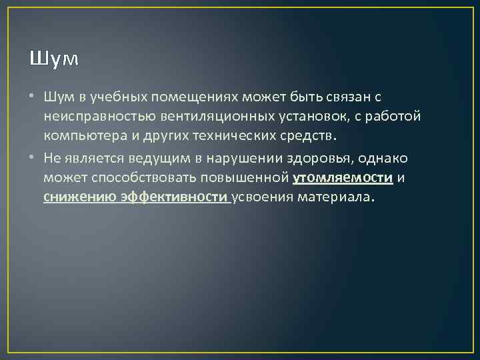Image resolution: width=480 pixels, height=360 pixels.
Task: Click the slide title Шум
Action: [x=53, y=59]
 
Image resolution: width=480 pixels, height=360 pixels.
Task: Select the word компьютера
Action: [x=84, y=137]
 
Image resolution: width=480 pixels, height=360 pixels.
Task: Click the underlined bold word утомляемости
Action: [x=343, y=178]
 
